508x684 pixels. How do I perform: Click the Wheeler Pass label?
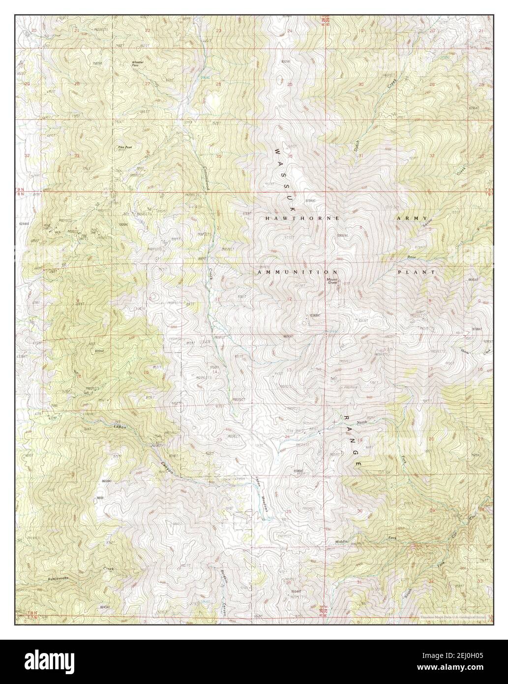point(138,63)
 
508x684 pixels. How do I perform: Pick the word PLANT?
point(417,272)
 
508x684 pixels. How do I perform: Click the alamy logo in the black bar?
point(39,662)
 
